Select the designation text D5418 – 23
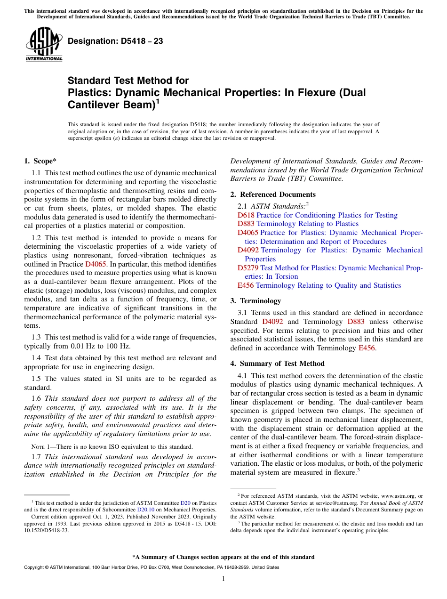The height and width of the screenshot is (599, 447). [115, 41]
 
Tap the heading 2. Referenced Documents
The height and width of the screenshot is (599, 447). [273, 194]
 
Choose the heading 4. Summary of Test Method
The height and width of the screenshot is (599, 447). [277, 364]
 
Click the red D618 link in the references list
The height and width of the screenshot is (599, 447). [246, 215]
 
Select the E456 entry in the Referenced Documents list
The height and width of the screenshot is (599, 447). [246, 285]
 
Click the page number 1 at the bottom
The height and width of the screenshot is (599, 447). [223, 579]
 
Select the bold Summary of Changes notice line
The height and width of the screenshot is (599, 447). [223, 557]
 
